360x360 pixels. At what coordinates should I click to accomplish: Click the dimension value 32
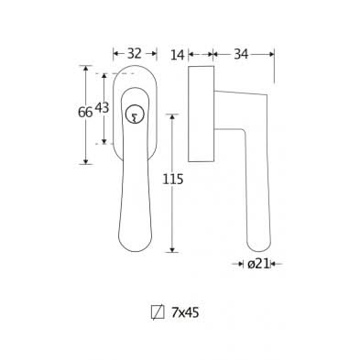(x=135, y=54)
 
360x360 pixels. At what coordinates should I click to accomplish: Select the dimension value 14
(x=178, y=55)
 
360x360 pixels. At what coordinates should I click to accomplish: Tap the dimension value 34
(x=241, y=54)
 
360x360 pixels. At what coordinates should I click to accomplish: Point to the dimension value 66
(x=85, y=113)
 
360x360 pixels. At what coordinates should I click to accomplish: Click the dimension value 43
(x=102, y=108)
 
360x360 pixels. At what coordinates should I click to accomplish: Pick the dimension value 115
(x=173, y=180)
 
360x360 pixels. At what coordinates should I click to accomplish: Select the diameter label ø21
(x=259, y=264)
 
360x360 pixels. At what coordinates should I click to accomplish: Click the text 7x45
(x=185, y=312)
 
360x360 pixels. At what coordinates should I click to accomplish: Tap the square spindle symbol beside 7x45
(x=158, y=312)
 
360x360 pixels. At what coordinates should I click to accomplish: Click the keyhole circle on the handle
(x=135, y=115)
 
